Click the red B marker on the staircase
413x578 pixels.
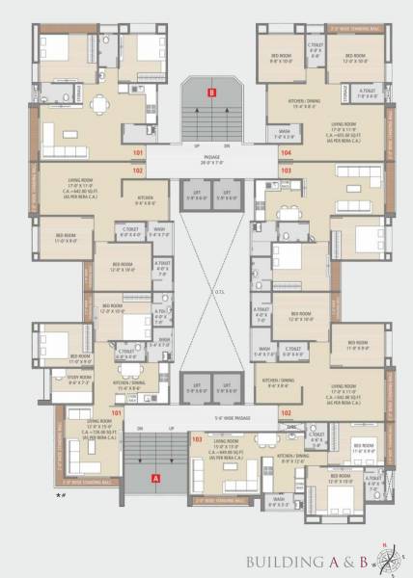[x=211, y=92]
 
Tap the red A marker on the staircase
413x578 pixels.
[x=152, y=476]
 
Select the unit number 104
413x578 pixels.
[x=286, y=152]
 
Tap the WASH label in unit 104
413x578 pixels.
[x=285, y=133]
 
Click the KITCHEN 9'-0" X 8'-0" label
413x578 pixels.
[x=145, y=202]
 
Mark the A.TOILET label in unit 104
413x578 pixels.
[x=368, y=92]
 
